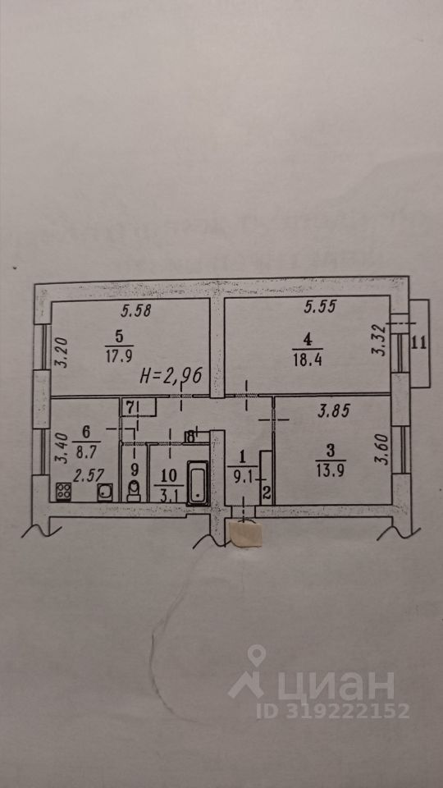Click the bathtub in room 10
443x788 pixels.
(199, 483)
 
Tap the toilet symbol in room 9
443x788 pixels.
(134, 491)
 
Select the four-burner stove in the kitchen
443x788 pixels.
(63, 491)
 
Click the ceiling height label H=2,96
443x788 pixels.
(171, 375)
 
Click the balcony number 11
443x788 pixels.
(419, 344)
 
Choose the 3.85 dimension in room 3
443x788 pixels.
(334, 412)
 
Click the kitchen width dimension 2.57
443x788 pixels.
(86, 476)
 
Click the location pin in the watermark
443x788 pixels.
(257, 657)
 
